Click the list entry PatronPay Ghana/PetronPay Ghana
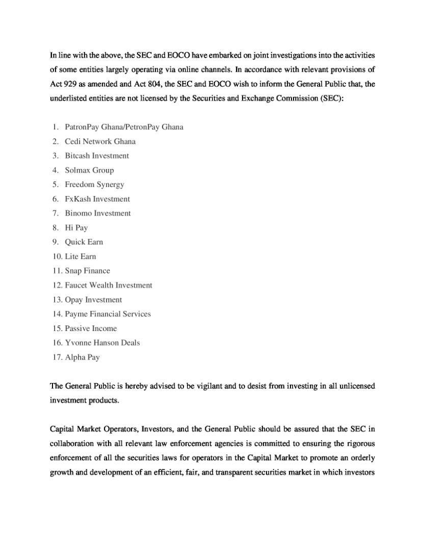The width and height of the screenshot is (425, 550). (x=124, y=127)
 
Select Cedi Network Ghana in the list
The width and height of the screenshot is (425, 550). (x=100, y=141)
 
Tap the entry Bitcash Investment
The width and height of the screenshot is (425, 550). (x=97, y=155)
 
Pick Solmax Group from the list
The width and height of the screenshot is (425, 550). (x=89, y=170)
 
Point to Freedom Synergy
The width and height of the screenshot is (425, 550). (x=94, y=184)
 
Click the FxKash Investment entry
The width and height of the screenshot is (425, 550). (x=97, y=199)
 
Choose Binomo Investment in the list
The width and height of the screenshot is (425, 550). (x=98, y=213)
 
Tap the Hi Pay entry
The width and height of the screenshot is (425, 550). (x=76, y=228)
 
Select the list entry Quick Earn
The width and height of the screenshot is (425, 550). (x=84, y=242)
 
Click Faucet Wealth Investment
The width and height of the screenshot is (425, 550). (x=109, y=285)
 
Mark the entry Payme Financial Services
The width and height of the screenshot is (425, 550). (x=108, y=314)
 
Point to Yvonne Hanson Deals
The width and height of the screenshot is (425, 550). (x=102, y=343)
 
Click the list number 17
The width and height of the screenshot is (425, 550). (x=57, y=357)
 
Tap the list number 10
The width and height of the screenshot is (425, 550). (x=57, y=256)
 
